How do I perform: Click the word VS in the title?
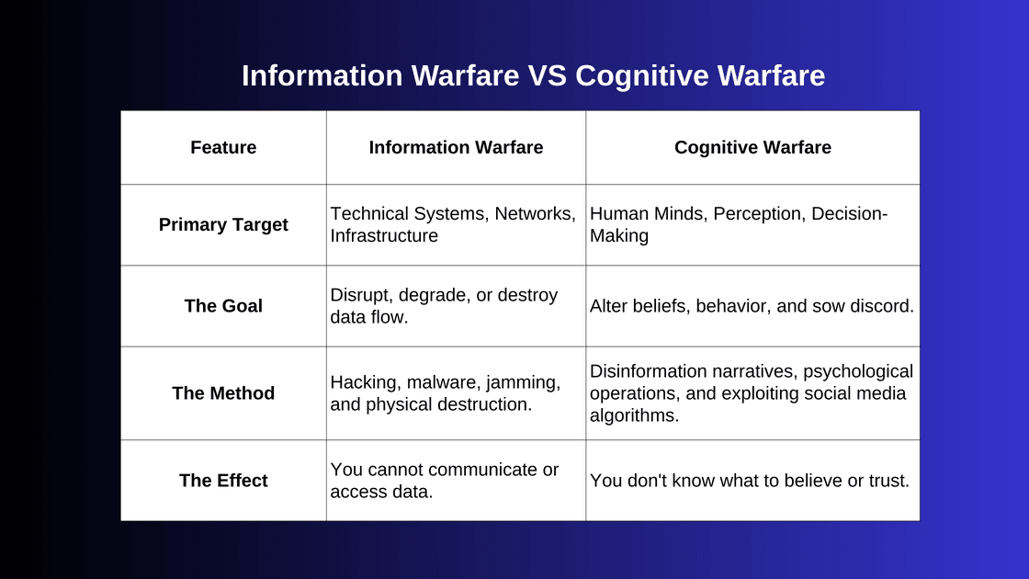[x=548, y=75]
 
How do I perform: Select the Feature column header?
[x=223, y=147]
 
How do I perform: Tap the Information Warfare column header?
[x=456, y=147]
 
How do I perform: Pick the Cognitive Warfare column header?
[x=752, y=147]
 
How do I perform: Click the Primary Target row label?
[x=223, y=224]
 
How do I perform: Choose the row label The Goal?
[x=223, y=306]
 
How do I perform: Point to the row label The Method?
[x=223, y=393]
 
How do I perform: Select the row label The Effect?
[x=223, y=481]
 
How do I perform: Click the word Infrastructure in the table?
[x=384, y=236]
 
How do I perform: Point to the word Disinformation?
[x=650, y=371]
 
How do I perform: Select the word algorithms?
[x=634, y=415]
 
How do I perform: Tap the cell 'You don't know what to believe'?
[x=750, y=481]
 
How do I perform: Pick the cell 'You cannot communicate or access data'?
[x=445, y=481]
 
